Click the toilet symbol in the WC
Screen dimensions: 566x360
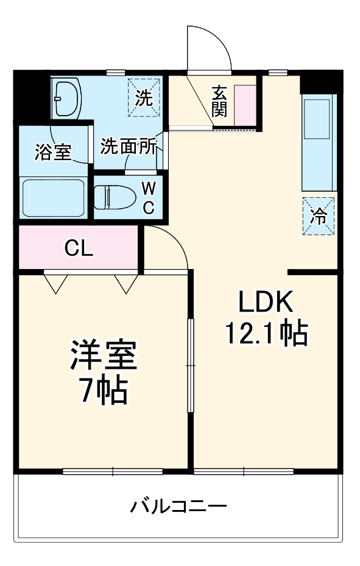click(116, 197)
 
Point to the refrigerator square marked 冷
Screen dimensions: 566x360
click(319, 215)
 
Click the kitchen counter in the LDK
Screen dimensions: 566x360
click(319, 144)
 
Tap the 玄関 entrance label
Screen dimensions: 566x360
click(219, 102)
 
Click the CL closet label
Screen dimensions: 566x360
click(79, 248)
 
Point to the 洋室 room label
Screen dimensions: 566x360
click(103, 357)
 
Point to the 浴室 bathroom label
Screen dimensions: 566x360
click(53, 152)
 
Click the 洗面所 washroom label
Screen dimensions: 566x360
click(128, 147)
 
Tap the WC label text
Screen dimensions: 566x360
click(149, 197)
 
